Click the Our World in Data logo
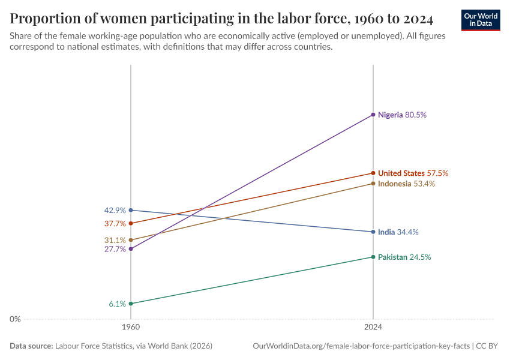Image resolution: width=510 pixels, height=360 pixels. (480, 20)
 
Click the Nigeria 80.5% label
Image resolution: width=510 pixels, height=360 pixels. (401, 114)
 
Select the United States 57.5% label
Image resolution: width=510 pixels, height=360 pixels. (413, 173)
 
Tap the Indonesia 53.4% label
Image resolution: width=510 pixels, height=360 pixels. (406, 184)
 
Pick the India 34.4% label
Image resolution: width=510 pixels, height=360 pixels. (398, 232)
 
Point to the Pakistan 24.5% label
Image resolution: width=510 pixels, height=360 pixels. (404, 257)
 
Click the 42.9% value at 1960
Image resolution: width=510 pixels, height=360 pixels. (115, 211)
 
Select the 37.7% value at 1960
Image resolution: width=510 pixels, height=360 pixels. (115, 224)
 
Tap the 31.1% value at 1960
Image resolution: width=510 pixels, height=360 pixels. (115, 240)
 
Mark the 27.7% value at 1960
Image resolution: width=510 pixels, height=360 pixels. (115, 249)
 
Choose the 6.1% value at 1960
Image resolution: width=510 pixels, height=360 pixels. (117, 304)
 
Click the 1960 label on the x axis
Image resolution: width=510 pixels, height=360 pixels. (131, 328)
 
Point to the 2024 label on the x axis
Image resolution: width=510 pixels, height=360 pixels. (373, 328)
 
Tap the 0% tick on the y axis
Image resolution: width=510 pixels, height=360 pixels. (15, 319)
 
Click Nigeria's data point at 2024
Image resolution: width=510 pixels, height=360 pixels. (373, 114)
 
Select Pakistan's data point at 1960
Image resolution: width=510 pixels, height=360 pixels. (131, 304)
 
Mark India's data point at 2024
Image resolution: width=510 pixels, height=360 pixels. (373, 232)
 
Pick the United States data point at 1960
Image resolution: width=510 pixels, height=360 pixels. (131, 223)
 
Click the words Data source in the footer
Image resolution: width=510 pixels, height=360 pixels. (31, 346)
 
